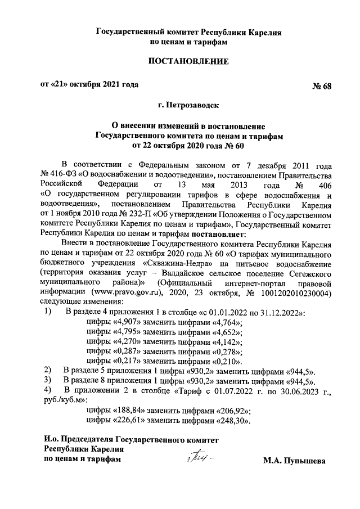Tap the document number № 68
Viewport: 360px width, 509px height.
tap(322, 86)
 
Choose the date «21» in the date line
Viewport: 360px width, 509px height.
tap(62, 85)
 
